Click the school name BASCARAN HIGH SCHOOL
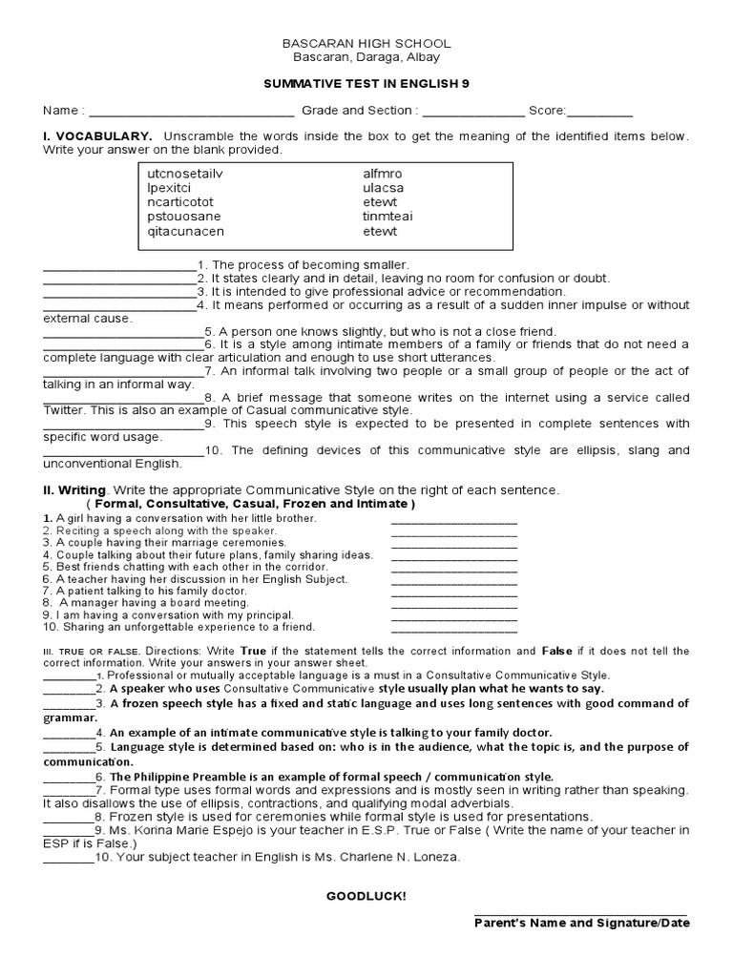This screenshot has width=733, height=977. pyautogui.click(x=366, y=44)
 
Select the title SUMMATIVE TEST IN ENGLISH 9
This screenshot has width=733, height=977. pyautogui.click(x=366, y=84)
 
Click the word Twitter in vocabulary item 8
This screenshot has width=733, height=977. pyautogui.click(x=65, y=409)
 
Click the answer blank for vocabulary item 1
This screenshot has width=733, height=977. pyautogui.click(x=119, y=265)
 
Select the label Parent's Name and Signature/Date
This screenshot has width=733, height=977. pyautogui.click(x=581, y=923)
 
